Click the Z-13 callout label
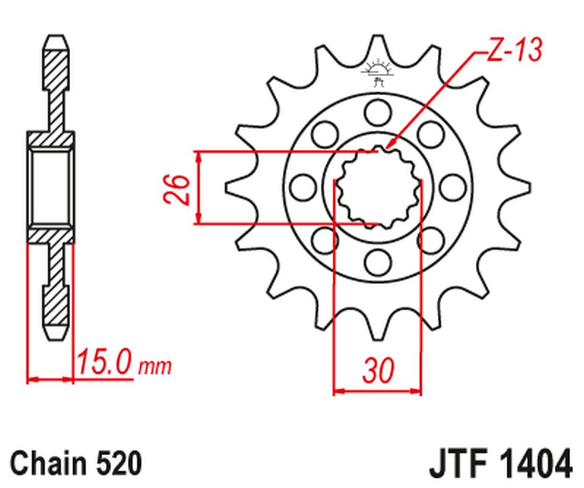coord(513,51)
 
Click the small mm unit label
coord(155,367)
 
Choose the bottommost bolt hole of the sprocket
coord(378,262)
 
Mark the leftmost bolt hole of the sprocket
coord(302,187)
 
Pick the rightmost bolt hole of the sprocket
coord(453,187)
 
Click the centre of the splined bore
coord(378,187)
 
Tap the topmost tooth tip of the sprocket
coord(378,38)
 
